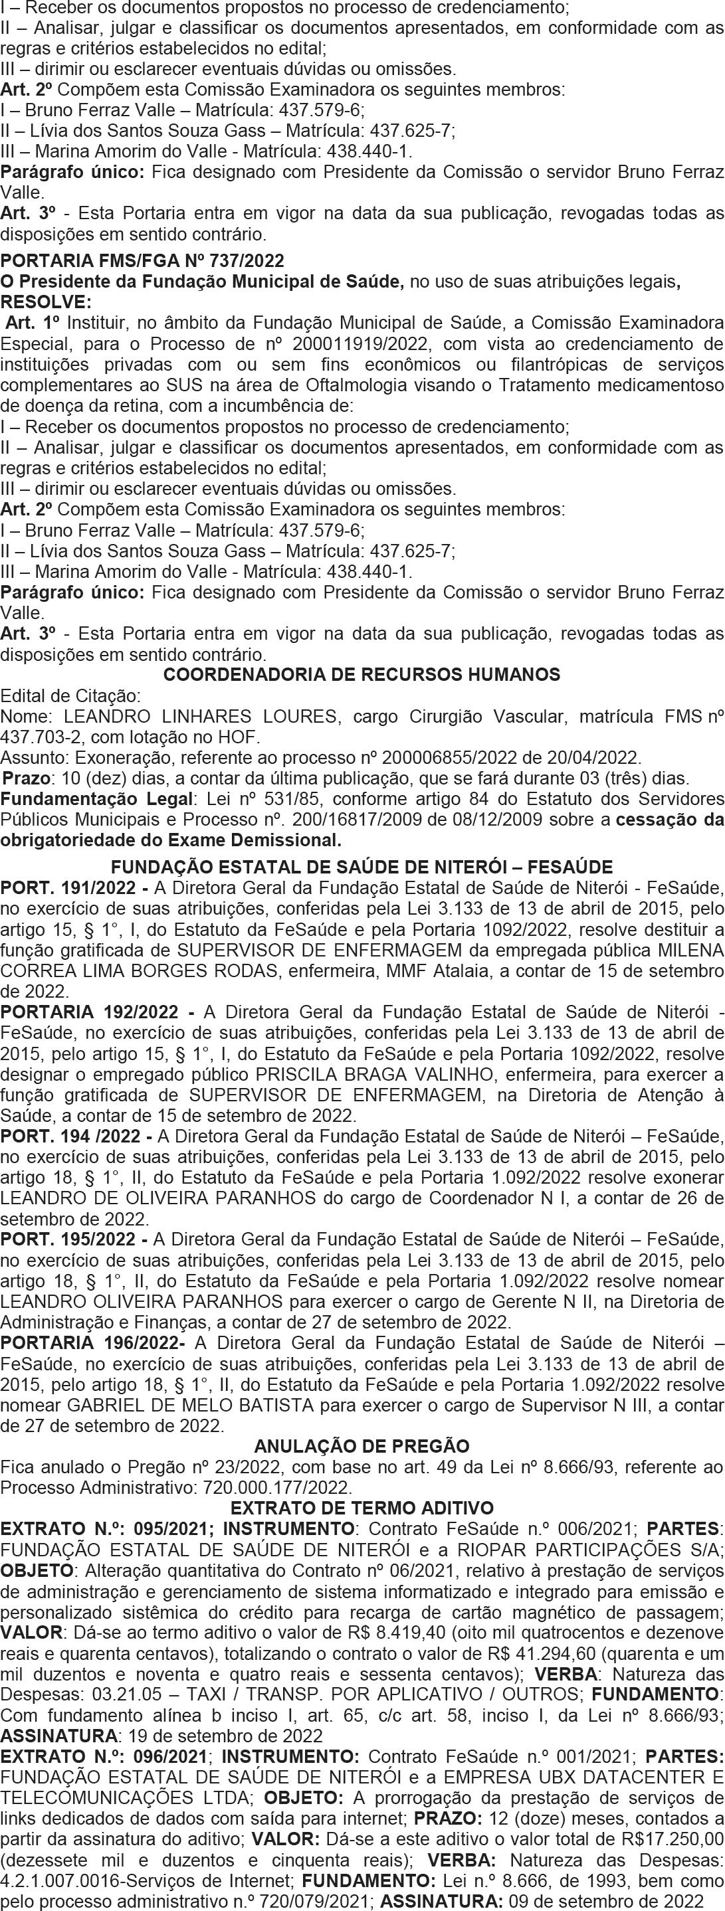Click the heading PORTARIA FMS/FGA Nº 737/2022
pyautogui.click(x=142, y=260)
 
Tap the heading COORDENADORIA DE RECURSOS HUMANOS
pyautogui.click(x=362, y=674)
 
